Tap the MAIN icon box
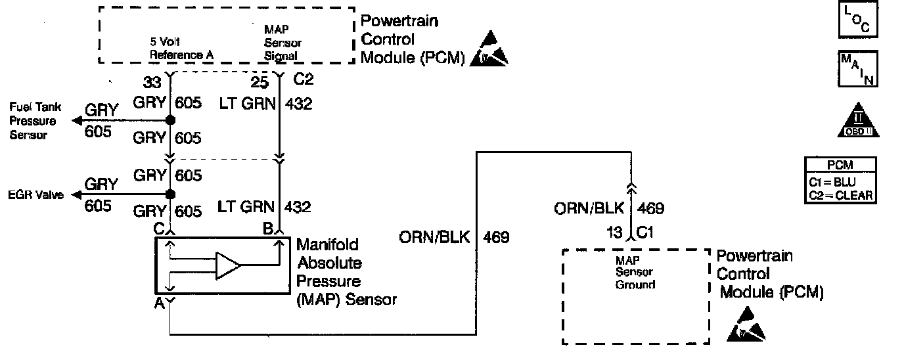[x=857, y=69]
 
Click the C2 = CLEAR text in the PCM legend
[x=840, y=194]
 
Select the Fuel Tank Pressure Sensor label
[x=33, y=121]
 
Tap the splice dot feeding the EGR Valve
[x=170, y=194]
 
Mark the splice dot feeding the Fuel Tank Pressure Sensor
[x=170, y=121]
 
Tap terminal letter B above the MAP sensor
[x=267, y=229]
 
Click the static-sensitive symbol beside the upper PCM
[x=489, y=49]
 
